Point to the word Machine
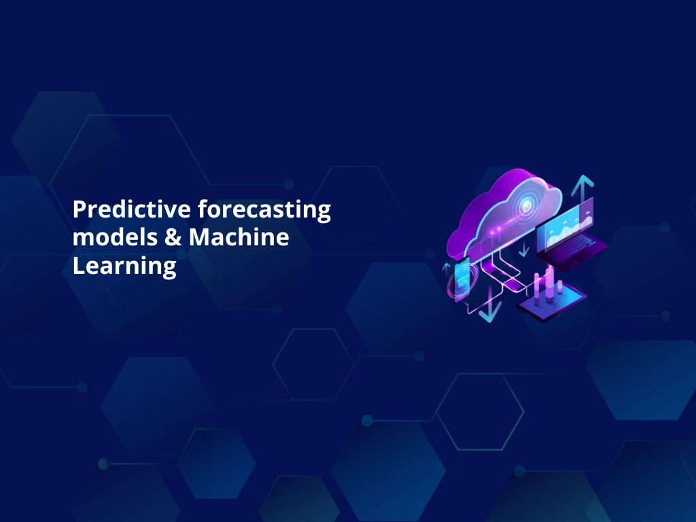point(239,237)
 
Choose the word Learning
point(124,266)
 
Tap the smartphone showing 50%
point(463,277)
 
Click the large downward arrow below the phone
point(489,310)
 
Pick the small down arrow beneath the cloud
point(523,250)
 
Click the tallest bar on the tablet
point(549,282)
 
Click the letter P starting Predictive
point(79,209)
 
